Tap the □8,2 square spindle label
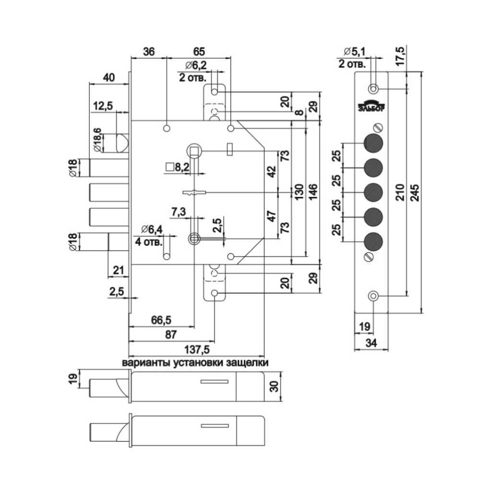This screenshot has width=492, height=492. pos(178,167)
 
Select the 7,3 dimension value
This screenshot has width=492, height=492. pos(179,212)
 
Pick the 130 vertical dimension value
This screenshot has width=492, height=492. pos(299,192)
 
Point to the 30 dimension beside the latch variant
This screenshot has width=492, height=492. pos(274,387)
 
